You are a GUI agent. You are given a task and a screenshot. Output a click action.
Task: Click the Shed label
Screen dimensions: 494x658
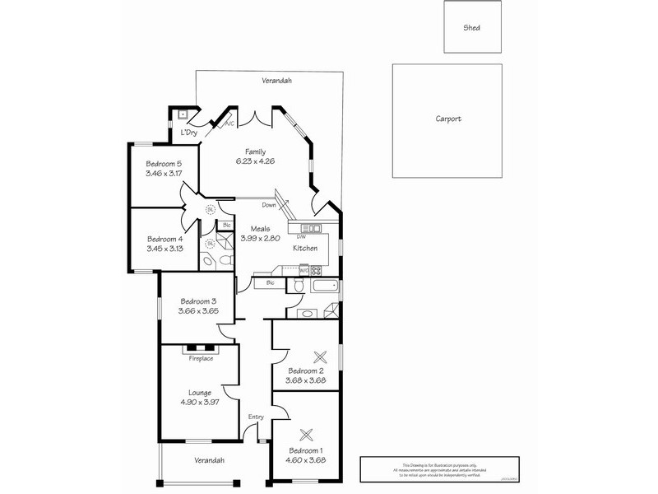tap(471, 27)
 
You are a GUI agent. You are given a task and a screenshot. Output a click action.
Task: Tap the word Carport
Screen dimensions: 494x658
tap(448, 119)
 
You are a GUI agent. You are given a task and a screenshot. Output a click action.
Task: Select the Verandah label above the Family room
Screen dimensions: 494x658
tap(277, 81)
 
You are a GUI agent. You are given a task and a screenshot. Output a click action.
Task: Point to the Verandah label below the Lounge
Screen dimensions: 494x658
tap(209, 460)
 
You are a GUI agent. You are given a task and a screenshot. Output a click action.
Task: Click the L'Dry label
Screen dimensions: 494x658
tap(189, 133)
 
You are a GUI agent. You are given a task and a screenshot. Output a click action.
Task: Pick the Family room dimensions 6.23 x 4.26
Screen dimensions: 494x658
tap(255, 161)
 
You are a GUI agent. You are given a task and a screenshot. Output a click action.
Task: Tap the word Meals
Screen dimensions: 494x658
tap(250, 229)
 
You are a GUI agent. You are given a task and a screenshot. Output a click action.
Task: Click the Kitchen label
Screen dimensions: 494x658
tap(306, 248)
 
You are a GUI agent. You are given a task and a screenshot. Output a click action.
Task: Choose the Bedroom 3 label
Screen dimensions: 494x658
tap(197, 301)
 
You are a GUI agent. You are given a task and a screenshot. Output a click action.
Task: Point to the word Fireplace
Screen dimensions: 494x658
tap(201, 359)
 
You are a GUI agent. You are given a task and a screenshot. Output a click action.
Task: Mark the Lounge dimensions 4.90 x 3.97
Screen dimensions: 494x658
tap(200, 402)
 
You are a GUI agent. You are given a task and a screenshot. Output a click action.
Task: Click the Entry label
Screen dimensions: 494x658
tap(256, 417)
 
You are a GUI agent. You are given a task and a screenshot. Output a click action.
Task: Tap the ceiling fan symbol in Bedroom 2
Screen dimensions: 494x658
tap(320, 356)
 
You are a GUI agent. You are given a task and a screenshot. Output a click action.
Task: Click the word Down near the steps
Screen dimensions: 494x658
tap(269, 205)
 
